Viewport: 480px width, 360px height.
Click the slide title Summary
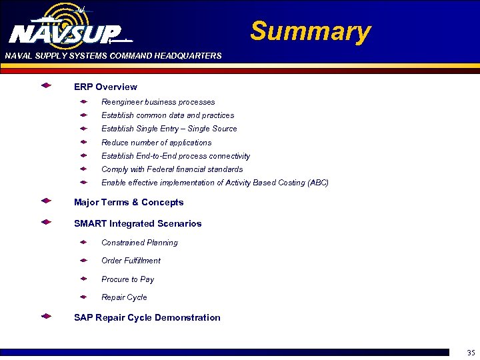coord(310,31)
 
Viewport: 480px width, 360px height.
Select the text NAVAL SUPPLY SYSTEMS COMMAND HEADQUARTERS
coord(113,56)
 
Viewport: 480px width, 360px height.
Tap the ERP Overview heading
coord(105,87)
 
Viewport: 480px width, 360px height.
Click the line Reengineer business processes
coord(158,102)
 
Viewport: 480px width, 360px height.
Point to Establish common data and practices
coord(167,115)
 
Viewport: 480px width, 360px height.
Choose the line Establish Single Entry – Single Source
coord(169,129)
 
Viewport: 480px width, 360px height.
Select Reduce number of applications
coord(156,143)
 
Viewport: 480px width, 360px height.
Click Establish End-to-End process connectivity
coord(175,156)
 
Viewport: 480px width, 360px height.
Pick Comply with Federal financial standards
coord(172,169)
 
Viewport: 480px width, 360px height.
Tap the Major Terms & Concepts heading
coord(129,202)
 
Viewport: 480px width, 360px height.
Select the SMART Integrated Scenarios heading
coord(137,223)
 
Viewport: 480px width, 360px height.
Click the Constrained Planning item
coord(139,243)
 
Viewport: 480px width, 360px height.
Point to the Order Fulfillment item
coord(131,261)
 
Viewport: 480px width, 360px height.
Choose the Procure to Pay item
coord(127,279)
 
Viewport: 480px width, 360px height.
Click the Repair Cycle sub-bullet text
coord(124,297)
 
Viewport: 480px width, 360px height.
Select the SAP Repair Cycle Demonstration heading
coord(147,317)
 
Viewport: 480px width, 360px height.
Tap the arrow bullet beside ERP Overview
coord(46,86)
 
